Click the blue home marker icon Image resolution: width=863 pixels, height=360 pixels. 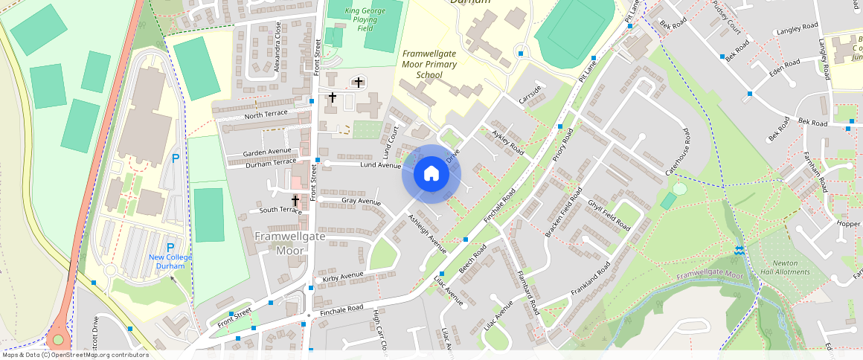point(431,174)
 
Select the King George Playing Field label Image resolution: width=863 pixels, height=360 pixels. point(365,19)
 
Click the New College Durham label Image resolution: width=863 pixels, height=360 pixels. point(170,261)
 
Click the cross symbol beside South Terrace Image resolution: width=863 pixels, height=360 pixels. point(295,201)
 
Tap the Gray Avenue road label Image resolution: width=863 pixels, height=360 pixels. point(361,201)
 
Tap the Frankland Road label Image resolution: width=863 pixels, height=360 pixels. point(591,278)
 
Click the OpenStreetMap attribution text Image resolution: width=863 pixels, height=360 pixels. point(74,355)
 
